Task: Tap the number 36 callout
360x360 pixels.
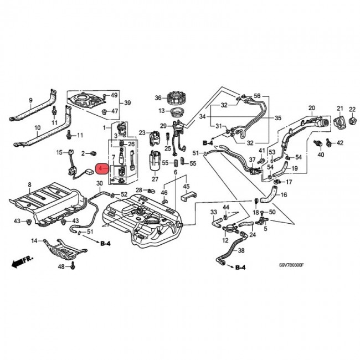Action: pyautogui.click(x=158, y=98)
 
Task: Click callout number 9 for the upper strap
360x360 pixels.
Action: pyautogui.click(x=31, y=100)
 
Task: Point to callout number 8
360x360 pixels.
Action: pyautogui.click(x=29, y=184)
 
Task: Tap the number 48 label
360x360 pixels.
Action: pyautogui.click(x=61, y=267)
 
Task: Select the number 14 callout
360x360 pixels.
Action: pyautogui.click(x=34, y=240)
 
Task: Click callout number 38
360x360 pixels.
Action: pyautogui.click(x=241, y=251)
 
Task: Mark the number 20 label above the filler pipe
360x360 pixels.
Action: pyautogui.click(x=311, y=107)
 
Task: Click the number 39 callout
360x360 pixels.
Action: pyautogui.click(x=127, y=104)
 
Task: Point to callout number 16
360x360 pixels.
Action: pyautogui.click(x=284, y=195)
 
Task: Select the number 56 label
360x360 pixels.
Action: pyautogui.click(x=257, y=95)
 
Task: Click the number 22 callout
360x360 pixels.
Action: pyautogui.click(x=352, y=109)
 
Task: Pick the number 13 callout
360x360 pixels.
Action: pyautogui.click(x=162, y=111)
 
